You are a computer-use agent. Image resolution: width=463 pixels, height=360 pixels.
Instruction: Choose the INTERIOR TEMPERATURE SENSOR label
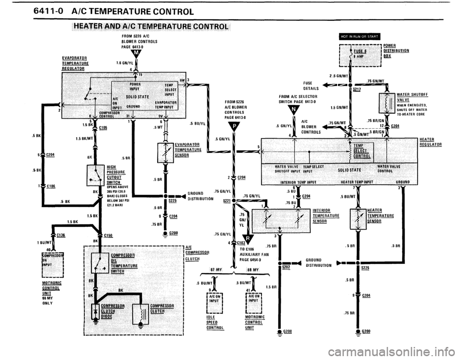click(325, 215)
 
